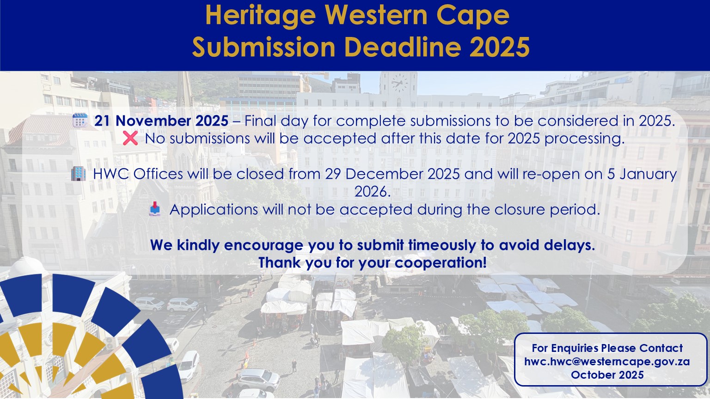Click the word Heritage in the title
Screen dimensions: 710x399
(x=261, y=16)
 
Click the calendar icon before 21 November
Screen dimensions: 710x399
(x=80, y=121)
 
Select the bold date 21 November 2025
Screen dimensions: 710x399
(x=161, y=121)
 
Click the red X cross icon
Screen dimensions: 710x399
(x=130, y=138)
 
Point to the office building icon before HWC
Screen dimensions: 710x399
(x=78, y=174)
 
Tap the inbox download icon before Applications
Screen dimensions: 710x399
(x=155, y=209)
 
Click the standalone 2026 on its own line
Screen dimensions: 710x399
(x=373, y=191)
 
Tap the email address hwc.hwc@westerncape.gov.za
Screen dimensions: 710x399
(x=607, y=362)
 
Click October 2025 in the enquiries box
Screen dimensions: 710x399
(x=607, y=375)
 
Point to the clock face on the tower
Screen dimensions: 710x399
(x=399, y=83)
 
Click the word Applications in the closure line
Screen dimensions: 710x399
(x=214, y=209)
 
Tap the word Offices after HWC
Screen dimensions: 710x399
(x=158, y=174)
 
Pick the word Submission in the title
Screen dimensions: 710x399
(x=264, y=47)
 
